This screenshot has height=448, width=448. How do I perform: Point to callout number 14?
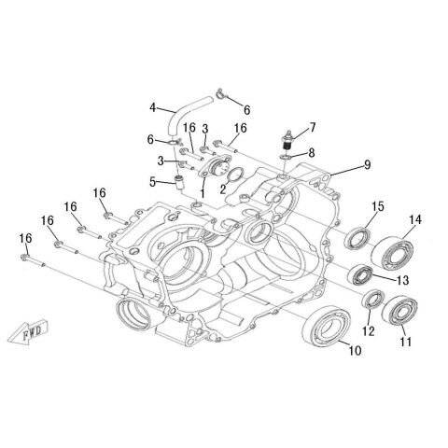[415, 220]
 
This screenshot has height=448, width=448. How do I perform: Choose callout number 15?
[378, 206]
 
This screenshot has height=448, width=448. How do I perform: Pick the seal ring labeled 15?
[357, 239]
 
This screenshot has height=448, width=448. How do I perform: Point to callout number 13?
[403, 280]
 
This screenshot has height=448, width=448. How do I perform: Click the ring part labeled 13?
[361, 274]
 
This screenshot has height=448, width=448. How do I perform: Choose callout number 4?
[152, 107]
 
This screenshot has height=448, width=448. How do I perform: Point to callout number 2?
[223, 189]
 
